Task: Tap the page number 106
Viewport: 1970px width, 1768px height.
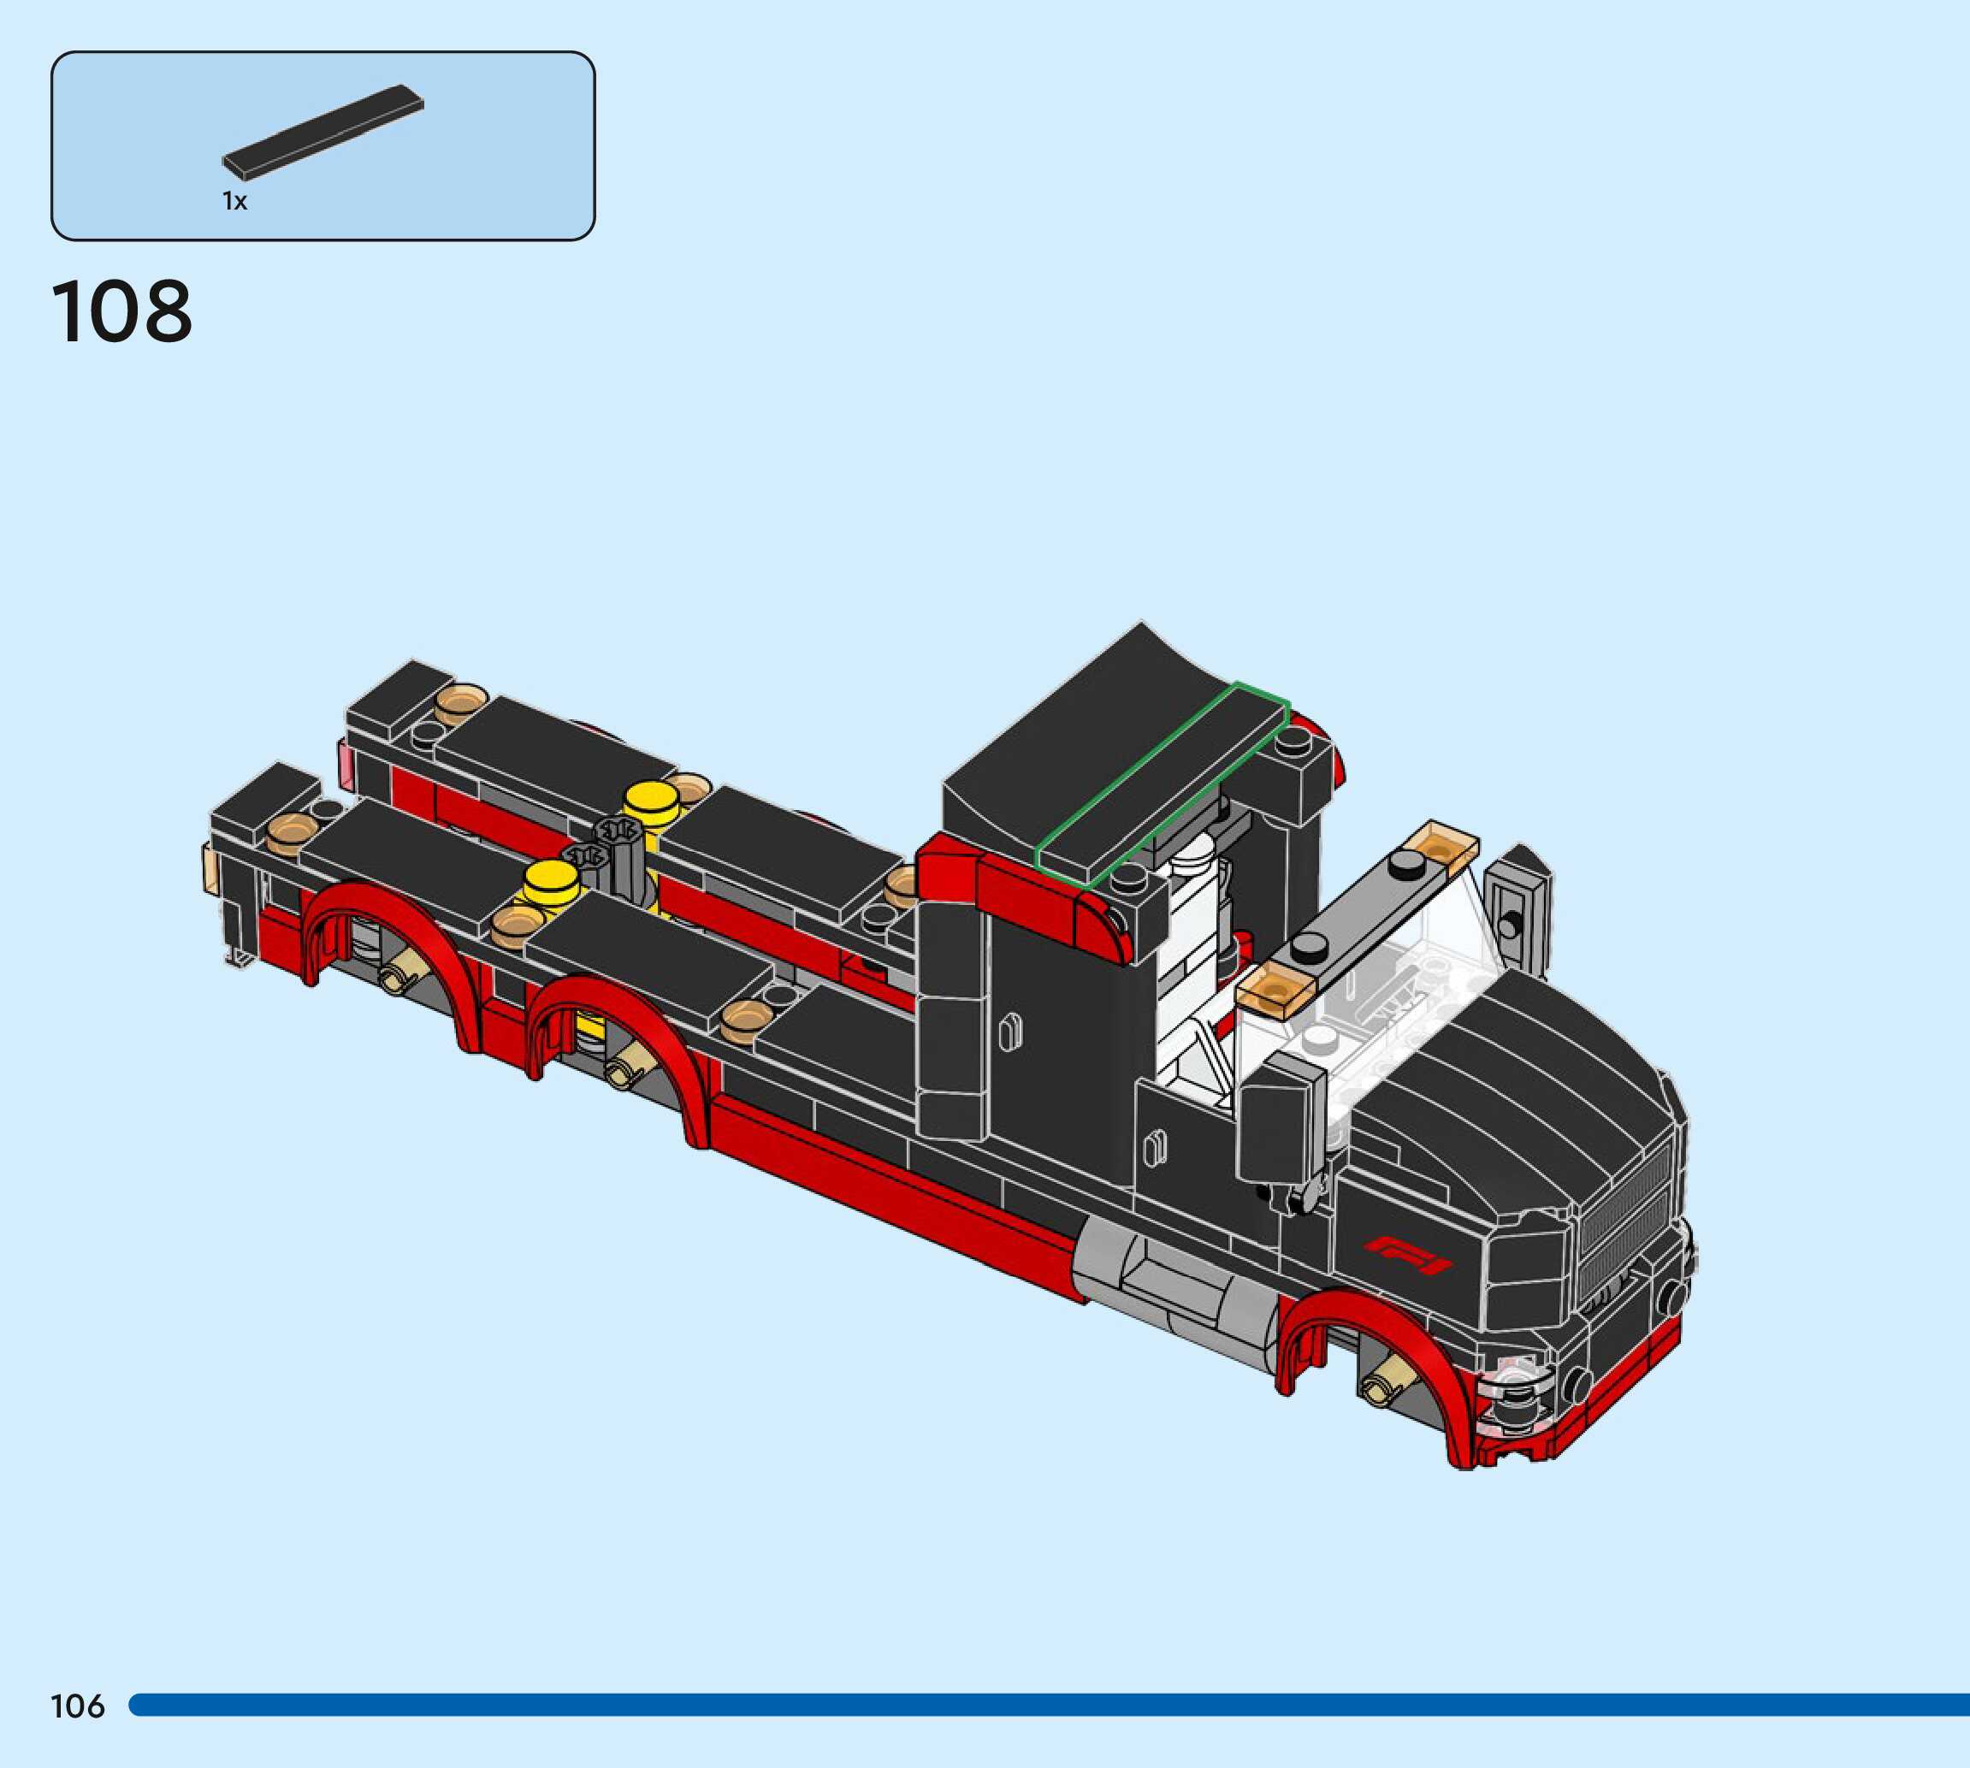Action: point(78,1706)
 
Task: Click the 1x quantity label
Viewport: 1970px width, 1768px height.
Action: point(235,201)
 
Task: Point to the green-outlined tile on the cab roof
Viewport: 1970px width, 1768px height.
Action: point(1162,784)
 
